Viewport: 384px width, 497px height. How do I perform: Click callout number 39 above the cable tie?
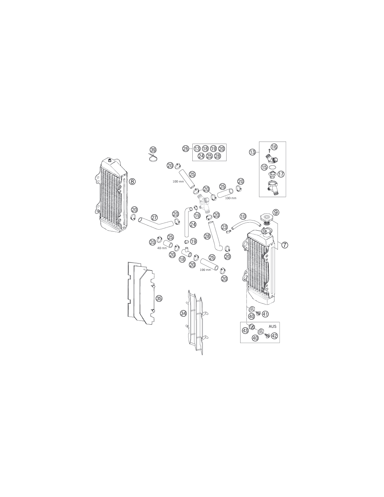coord(153,150)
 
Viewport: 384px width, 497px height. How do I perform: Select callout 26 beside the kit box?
coord(185,149)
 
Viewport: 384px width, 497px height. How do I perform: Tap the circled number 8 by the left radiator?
coord(132,182)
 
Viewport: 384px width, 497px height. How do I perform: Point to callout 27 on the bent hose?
coord(154,217)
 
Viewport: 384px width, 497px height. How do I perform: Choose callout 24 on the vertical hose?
coord(193,224)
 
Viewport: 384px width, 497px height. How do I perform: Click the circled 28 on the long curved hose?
coord(207,236)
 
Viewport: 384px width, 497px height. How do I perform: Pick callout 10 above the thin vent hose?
coord(243,216)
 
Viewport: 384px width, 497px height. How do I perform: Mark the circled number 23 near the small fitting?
coord(224,227)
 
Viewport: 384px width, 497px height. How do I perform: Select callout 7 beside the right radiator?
coord(285,245)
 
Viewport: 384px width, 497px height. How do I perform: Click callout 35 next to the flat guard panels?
coord(159,298)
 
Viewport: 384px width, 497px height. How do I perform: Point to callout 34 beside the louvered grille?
coord(183,314)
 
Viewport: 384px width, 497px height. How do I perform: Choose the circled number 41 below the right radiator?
coord(265,314)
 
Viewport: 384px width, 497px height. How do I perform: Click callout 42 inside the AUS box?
coord(274,336)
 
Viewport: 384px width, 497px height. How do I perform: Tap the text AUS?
coord(272,326)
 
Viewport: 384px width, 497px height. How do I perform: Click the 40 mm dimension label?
coord(162,248)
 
